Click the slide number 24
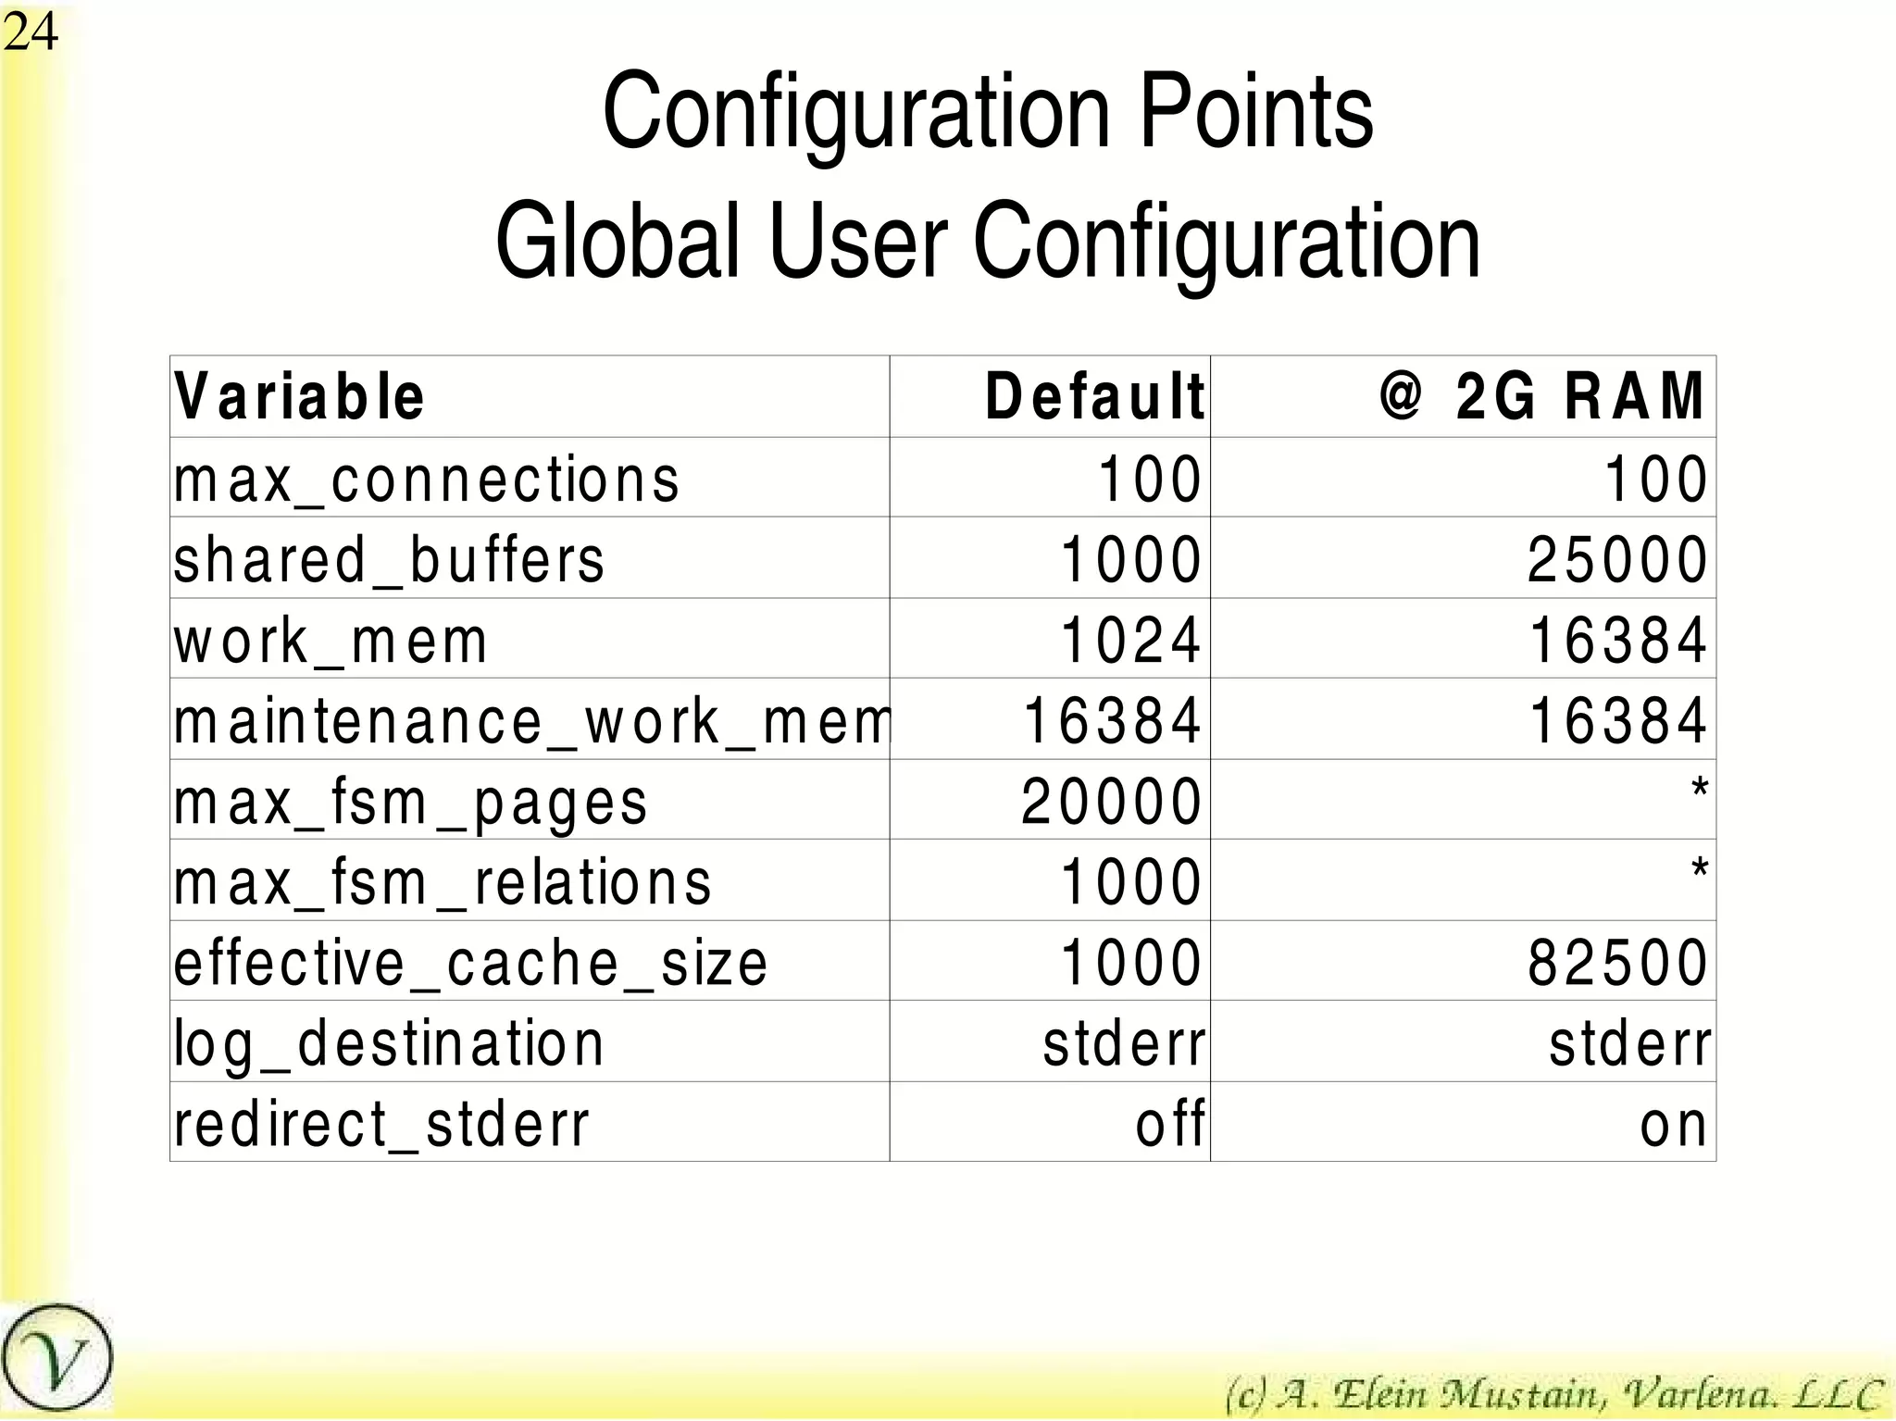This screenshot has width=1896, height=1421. (x=31, y=32)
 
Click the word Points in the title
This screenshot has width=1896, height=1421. (x=1255, y=113)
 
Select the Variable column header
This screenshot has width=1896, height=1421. (x=299, y=397)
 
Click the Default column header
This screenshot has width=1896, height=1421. (x=1094, y=397)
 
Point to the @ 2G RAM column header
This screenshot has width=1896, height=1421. (x=1541, y=397)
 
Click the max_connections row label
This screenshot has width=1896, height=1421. (x=427, y=480)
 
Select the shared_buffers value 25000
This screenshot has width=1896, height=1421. (x=1616, y=560)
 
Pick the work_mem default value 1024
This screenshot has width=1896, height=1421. (x=1130, y=641)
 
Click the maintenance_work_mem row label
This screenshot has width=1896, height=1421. (x=532, y=721)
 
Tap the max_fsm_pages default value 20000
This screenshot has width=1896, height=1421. (x=1111, y=802)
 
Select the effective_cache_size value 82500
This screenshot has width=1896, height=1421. (x=1616, y=963)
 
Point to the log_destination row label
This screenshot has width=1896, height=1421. (x=389, y=1043)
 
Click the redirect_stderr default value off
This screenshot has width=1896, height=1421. (x=1170, y=1124)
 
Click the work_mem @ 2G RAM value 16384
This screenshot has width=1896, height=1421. (x=1616, y=641)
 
